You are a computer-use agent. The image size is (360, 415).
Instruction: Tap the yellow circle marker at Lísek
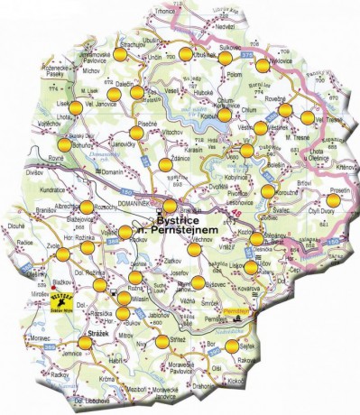click(77, 107)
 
